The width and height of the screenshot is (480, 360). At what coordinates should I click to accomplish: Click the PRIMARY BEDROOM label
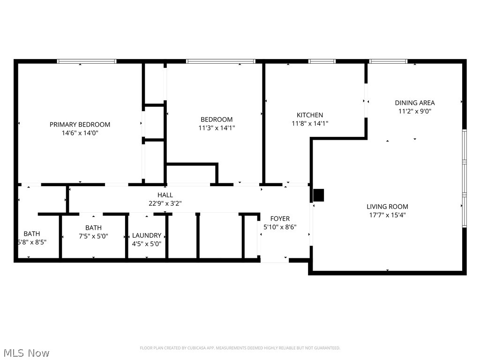point(80,124)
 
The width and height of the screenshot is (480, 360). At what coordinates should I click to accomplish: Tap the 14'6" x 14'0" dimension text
point(80,133)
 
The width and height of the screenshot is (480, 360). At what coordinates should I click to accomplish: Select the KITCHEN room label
point(310,115)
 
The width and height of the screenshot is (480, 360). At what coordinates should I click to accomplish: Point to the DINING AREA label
point(414,103)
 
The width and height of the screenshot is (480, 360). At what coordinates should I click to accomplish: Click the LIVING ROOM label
point(387,206)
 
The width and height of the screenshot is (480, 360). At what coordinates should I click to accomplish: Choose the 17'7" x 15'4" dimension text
point(387,215)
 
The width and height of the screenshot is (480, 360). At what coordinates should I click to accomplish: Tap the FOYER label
point(280,218)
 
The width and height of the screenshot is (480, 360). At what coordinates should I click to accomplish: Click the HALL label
point(165,195)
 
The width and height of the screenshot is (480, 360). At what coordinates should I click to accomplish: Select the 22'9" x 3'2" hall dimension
point(165,203)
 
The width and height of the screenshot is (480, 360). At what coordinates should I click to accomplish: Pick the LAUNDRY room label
point(147,235)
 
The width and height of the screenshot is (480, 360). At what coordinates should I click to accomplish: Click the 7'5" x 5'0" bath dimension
point(93,236)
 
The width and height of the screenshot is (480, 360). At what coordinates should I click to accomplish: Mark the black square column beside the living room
point(318,195)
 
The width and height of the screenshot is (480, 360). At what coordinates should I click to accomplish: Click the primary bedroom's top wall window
point(87,61)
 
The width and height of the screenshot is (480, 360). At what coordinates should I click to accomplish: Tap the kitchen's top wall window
point(322,61)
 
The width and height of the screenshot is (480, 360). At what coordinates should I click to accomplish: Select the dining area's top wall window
point(388,61)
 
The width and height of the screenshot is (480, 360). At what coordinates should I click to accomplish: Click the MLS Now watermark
point(25,352)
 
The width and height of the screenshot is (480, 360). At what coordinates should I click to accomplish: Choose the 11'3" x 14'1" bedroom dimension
point(216,128)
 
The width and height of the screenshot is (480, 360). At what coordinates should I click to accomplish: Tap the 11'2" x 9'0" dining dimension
point(414,112)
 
